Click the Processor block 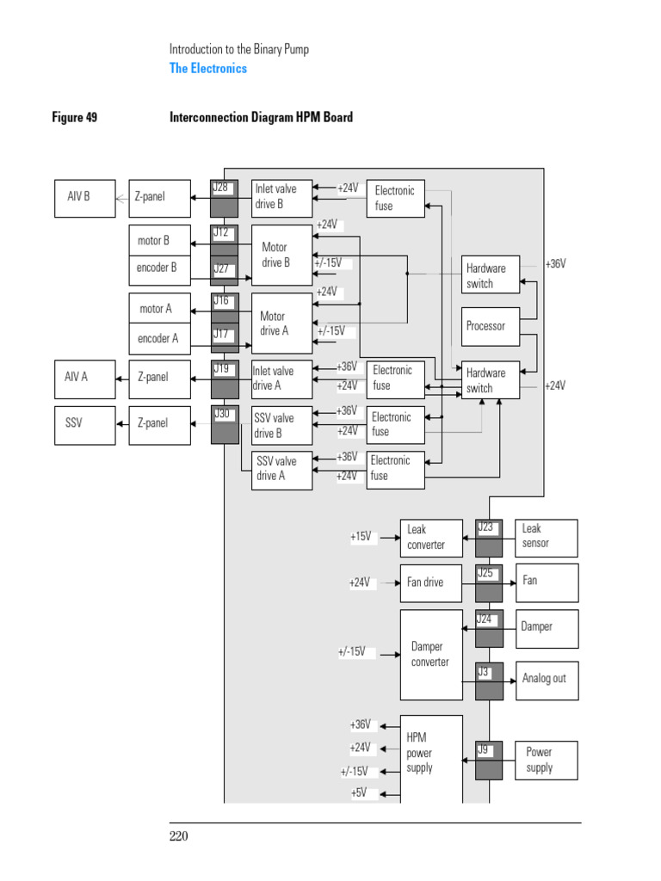click(491, 326)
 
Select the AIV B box click(84, 197)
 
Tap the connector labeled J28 click(225, 198)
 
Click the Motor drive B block click(281, 255)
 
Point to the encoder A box click(158, 339)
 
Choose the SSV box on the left click(84, 424)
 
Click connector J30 click(225, 424)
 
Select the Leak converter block click(431, 538)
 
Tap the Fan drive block click(431, 582)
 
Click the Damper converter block click(431, 654)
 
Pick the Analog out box click(547, 679)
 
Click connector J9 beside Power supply click(488, 761)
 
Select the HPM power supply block click(431, 754)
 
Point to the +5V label click(359, 793)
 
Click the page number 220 click(179, 836)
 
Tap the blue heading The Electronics click(207, 69)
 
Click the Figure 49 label click(75, 117)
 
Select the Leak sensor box click(547, 537)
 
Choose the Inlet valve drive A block click(281, 379)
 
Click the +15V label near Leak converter click(361, 537)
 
